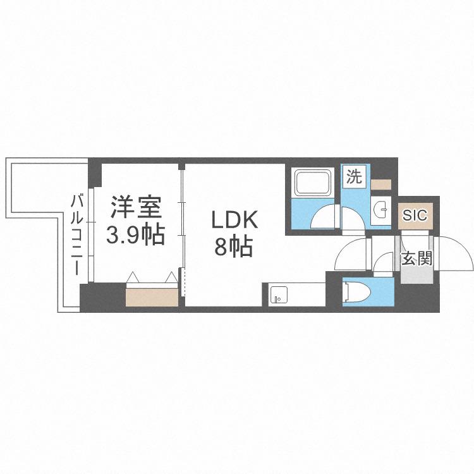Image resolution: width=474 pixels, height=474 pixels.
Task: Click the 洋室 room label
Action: pyautogui.click(x=136, y=207)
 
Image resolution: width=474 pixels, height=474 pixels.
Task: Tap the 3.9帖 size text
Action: pyautogui.click(x=135, y=234)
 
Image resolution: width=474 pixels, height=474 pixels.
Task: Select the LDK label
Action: pyautogui.click(x=234, y=220)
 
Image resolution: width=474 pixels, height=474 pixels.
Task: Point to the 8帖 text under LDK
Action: pyautogui.click(x=233, y=246)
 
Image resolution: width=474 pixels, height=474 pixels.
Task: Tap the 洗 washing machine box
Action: pyautogui.click(x=355, y=176)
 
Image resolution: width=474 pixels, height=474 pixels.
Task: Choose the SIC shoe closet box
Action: pyautogui.click(x=415, y=216)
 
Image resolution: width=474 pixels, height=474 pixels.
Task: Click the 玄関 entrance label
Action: pyautogui.click(x=417, y=258)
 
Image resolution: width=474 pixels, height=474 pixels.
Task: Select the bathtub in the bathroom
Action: pyautogui.click(x=313, y=183)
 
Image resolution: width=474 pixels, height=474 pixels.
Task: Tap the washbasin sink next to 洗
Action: pyautogui.click(x=380, y=208)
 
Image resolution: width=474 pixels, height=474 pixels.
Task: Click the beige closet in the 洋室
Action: pyautogui.click(x=152, y=298)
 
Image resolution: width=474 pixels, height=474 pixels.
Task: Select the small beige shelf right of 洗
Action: pyautogui.click(x=381, y=184)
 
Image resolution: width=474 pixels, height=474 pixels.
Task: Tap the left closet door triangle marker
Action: pyautogui.click(x=133, y=277)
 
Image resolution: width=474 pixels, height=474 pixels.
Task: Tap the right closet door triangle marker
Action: pyautogui.click(x=171, y=277)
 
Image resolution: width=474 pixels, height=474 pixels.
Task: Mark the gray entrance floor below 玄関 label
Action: pyautogui.click(x=417, y=275)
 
